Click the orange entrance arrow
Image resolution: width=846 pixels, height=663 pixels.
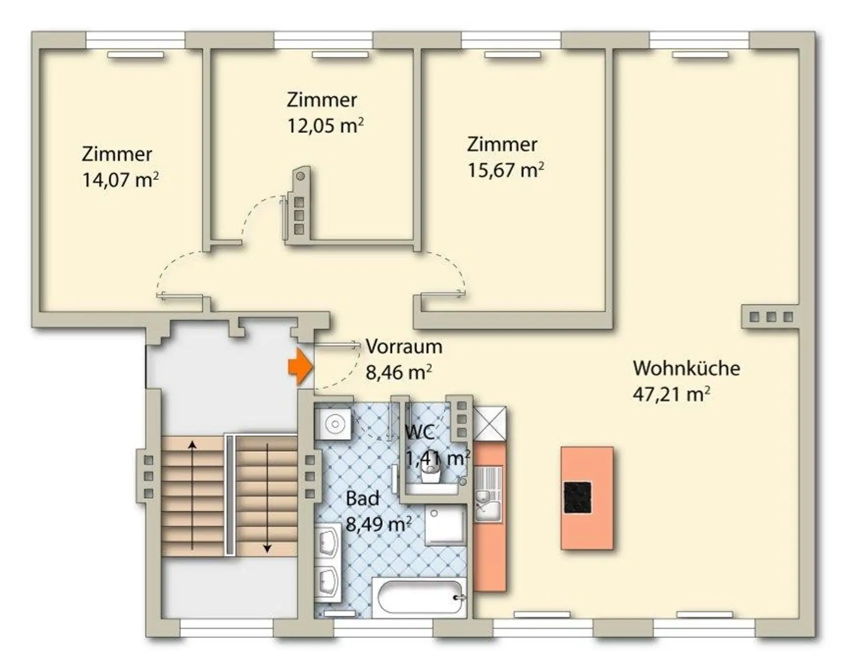[301, 366]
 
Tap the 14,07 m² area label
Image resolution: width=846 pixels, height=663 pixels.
[120, 180]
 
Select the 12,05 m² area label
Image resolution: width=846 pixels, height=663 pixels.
[326, 126]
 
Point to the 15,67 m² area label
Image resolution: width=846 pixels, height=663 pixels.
[505, 170]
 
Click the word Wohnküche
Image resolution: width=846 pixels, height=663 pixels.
[686, 368]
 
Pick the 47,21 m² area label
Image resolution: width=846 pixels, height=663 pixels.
[672, 394]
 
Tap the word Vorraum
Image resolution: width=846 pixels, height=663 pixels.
[404, 346]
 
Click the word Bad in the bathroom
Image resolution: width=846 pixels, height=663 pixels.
[362, 499]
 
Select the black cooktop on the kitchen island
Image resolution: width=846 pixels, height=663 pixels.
[578, 498]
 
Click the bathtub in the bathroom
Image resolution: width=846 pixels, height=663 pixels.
[419, 597]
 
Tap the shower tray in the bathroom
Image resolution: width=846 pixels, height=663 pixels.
[445, 525]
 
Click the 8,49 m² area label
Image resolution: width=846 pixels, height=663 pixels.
[379, 525]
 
